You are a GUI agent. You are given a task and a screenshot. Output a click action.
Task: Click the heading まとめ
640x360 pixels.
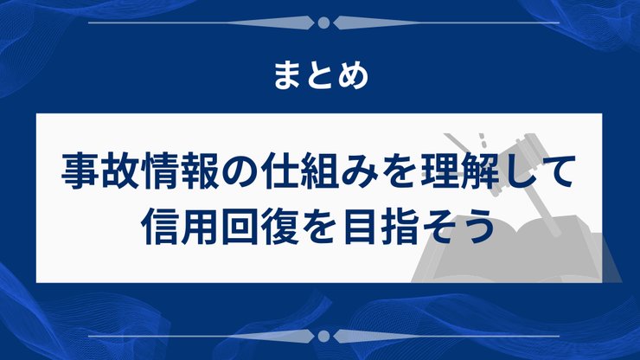pyautogui.click(x=320, y=75)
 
